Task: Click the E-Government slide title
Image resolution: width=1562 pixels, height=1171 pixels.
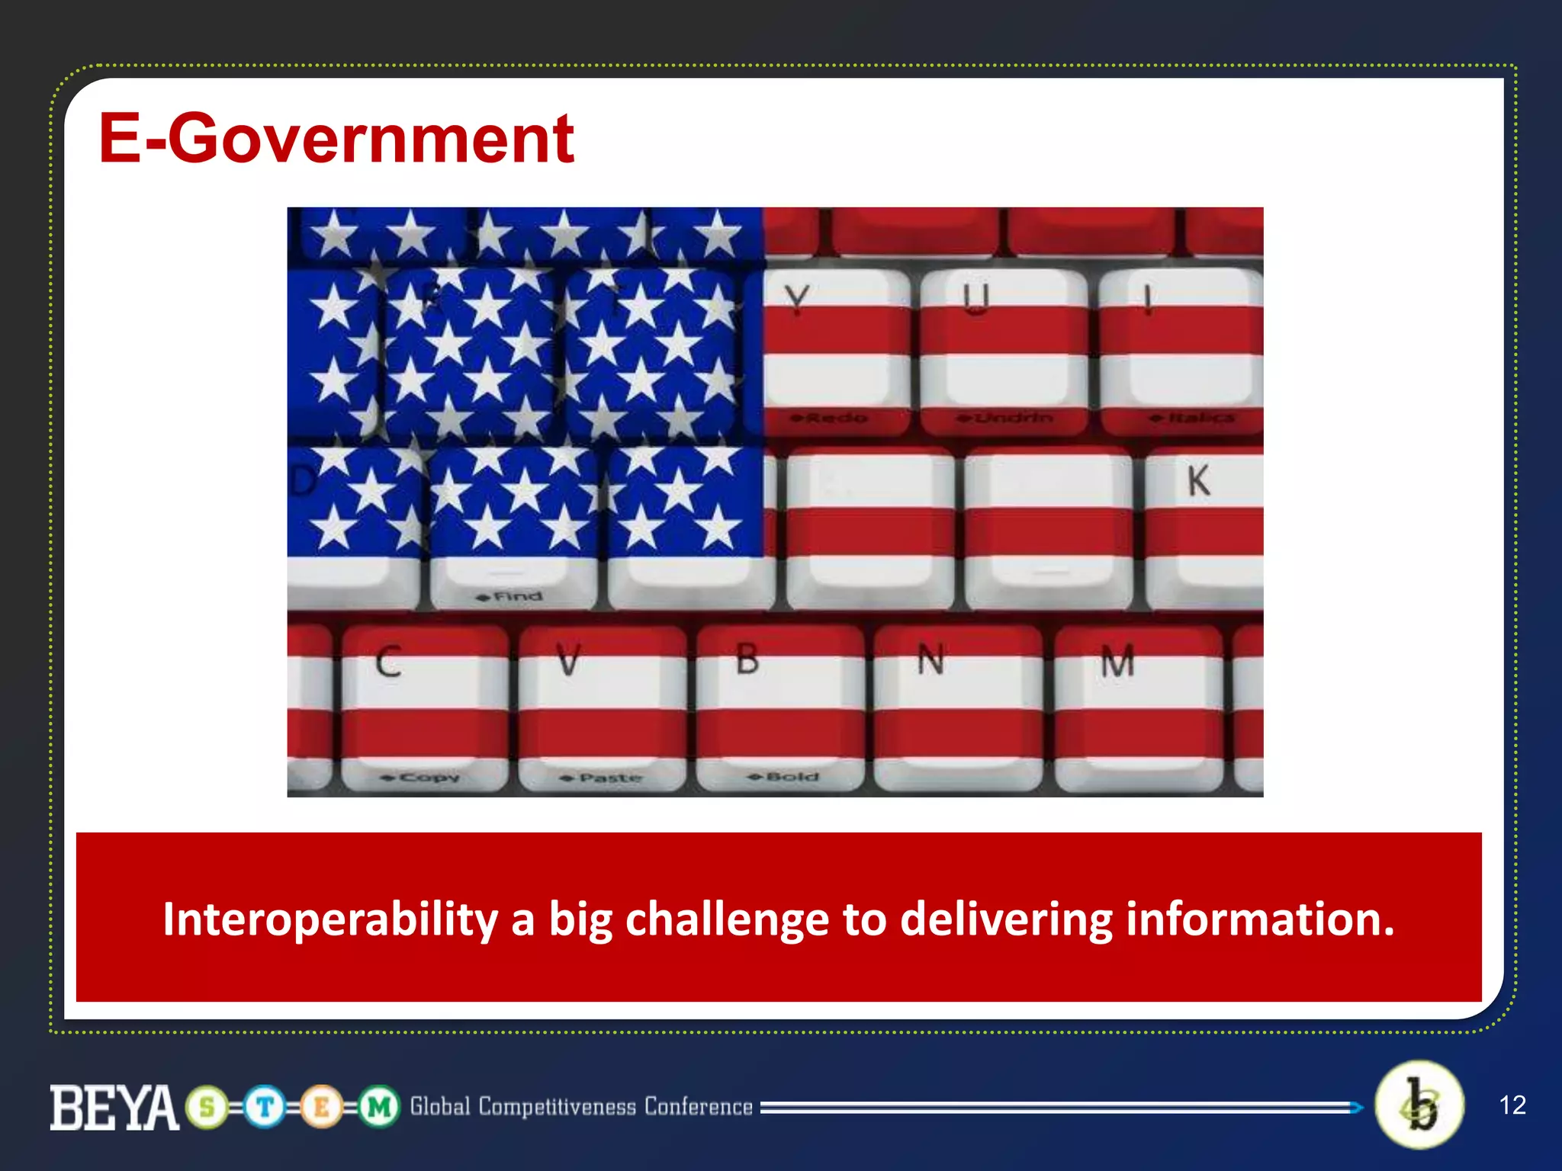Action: (336, 139)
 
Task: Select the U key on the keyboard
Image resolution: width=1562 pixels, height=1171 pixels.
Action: (1003, 343)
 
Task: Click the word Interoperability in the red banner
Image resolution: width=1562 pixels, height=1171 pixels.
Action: (329, 919)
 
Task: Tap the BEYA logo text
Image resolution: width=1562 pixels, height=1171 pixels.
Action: (114, 1108)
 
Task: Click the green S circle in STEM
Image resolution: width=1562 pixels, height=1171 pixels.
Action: (207, 1106)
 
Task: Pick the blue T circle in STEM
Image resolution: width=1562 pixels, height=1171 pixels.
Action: (265, 1106)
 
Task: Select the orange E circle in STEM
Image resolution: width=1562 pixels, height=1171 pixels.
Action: (321, 1106)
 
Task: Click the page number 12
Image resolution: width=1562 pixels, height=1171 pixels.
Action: (1512, 1105)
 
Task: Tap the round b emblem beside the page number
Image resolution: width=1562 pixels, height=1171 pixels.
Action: (1419, 1105)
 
